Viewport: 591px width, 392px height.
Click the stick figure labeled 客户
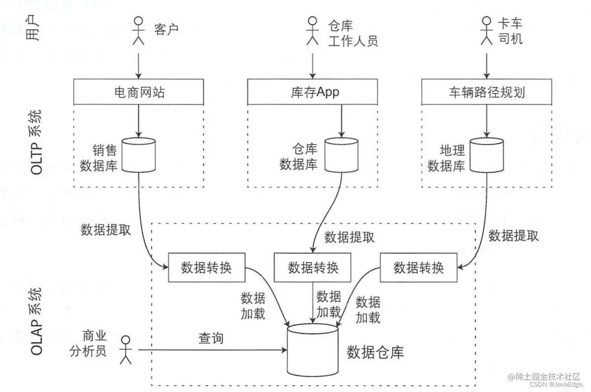point(138,31)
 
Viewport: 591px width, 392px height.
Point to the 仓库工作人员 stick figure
point(312,31)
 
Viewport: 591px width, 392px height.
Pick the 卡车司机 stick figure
point(487,31)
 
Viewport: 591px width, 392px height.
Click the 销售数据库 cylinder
point(138,156)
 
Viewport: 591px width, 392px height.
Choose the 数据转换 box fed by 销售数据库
point(207,267)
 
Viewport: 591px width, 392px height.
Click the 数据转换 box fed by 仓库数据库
point(313,267)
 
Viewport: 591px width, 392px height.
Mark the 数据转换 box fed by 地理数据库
point(418,267)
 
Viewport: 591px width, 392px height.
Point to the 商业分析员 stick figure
point(125,350)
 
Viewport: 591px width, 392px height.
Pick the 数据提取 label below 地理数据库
point(513,235)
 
